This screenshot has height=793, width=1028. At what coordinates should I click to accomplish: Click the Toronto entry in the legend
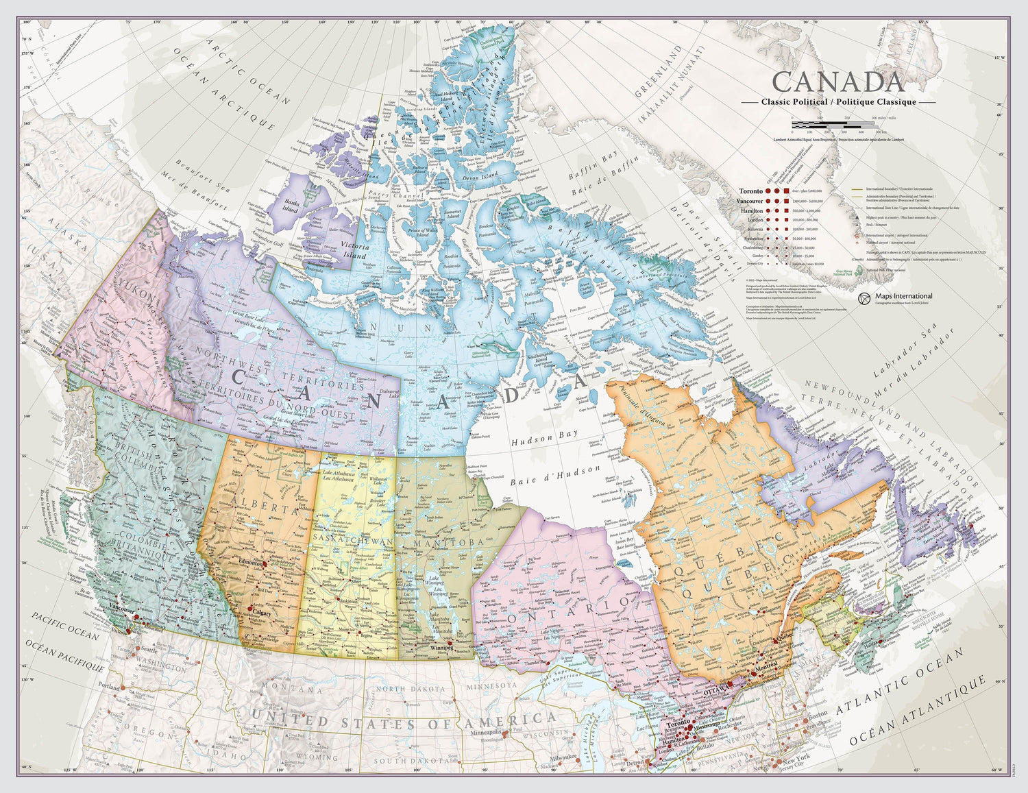pos(751,191)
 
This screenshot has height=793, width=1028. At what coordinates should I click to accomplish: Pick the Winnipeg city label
pos(443,647)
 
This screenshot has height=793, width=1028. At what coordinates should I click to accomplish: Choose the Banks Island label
pos(291,206)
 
